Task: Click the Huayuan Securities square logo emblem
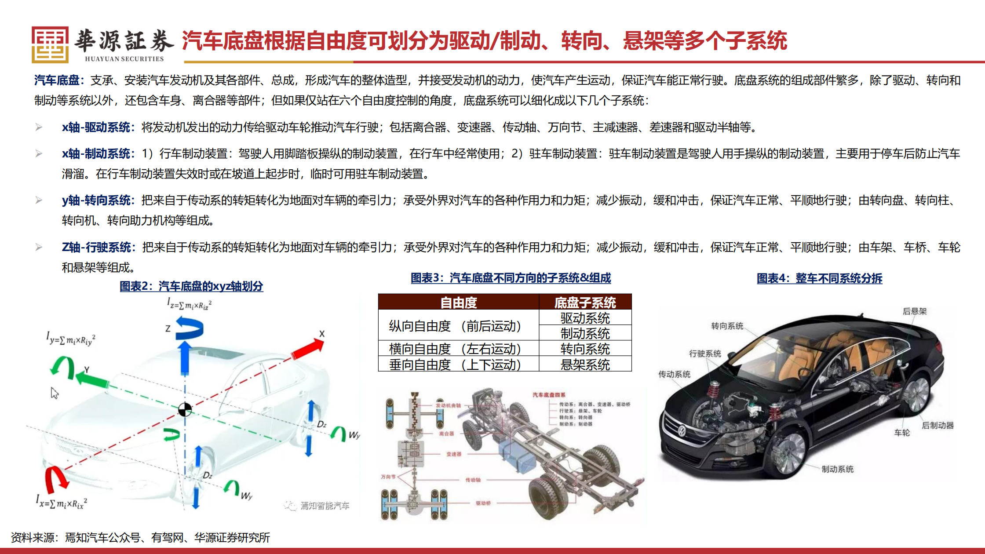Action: click(50, 44)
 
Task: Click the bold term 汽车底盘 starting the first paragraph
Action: click(57, 80)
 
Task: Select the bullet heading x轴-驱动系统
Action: click(96, 128)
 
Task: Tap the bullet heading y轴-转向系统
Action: click(96, 200)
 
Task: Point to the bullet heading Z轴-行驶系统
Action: click(96, 248)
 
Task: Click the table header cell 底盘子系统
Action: click(585, 303)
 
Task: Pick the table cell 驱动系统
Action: click(585, 318)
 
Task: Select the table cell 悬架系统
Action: click(585, 364)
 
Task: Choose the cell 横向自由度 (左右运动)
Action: click(455, 349)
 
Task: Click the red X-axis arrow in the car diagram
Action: click(308, 349)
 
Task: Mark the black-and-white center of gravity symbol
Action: click(185, 410)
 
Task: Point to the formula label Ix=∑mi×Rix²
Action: click(62, 502)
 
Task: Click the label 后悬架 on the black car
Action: click(914, 311)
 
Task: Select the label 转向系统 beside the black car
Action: click(727, 326)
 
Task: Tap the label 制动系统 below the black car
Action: click(837, 469)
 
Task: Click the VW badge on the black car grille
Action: click(682, 430)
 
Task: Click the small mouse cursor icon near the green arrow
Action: click(54, 393)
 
